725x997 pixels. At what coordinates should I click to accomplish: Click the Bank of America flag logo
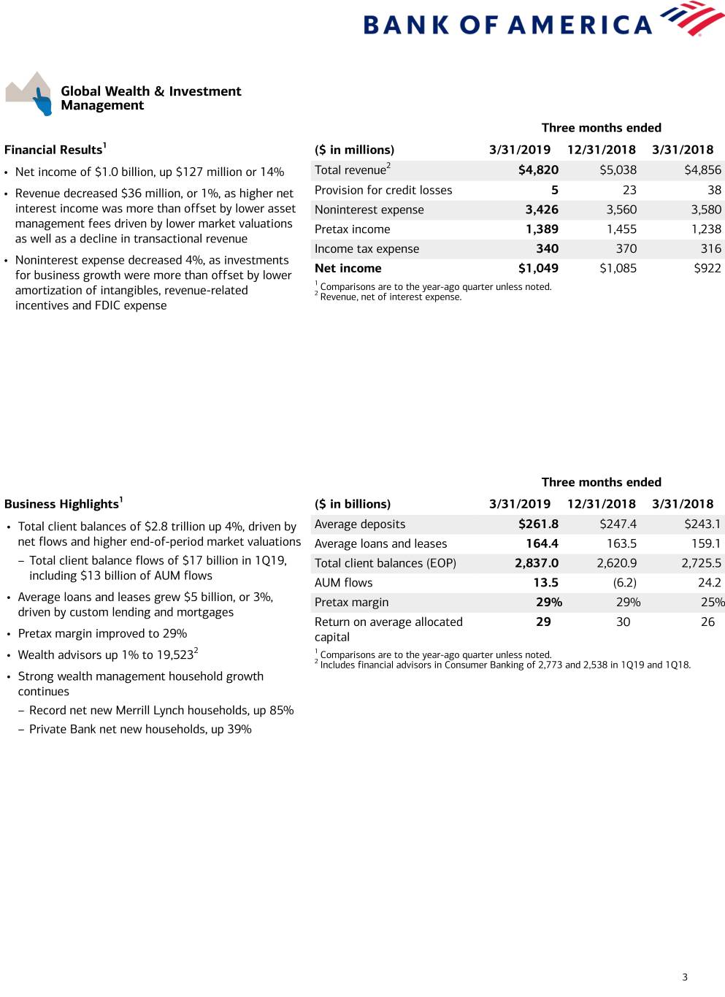tap(691, 19)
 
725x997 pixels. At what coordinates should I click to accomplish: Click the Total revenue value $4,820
tap(538, 170)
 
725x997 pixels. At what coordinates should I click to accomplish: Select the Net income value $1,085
tap(618, 269)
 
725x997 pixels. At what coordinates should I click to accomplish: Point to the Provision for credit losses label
tap(383, 190)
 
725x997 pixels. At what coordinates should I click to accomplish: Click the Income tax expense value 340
tap(547, 249)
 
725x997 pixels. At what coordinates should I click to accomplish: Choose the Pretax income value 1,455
tap(621, 229)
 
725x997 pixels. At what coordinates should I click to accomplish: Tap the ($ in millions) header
tap(354, 150)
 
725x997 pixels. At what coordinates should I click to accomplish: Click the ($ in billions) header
tap(353, 504)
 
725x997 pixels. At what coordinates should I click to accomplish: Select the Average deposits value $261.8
tap(538, 524)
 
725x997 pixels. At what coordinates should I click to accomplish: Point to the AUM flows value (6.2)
tap(624, 583)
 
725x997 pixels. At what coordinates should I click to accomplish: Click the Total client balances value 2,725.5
tap(701, 563)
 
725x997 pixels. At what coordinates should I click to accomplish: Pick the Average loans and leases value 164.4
tap(542, 544)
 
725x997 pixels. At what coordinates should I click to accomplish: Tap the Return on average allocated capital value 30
tap(623, 622)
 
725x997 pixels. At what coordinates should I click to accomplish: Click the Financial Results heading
tap(55, 150)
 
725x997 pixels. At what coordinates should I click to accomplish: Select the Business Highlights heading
tap(63, 504)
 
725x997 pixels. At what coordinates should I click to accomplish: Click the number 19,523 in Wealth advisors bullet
tap(175, 655)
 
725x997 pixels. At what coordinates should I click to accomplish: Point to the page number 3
tap(685, 977)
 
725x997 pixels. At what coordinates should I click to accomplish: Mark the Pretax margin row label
tap(351, 603)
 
